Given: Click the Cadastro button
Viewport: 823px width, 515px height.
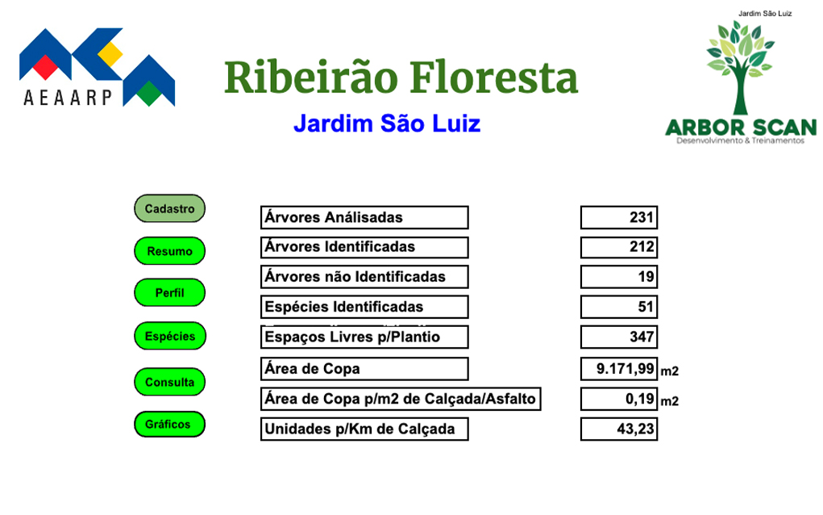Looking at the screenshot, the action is tap(169, 208).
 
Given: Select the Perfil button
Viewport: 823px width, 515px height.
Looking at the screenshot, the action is tap(169, 293).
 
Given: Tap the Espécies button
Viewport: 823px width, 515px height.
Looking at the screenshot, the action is tap(170, 336).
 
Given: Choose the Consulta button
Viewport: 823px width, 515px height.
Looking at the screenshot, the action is tap(169, 382).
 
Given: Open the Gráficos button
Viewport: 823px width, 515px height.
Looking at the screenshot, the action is tap(169, 424).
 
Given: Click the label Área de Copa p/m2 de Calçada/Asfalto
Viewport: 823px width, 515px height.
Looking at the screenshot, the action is tap(401, 399).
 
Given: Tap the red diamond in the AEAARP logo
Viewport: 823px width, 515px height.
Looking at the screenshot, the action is tap(45, 67).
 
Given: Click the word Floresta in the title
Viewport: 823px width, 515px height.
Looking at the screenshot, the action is tap(493, 77).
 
